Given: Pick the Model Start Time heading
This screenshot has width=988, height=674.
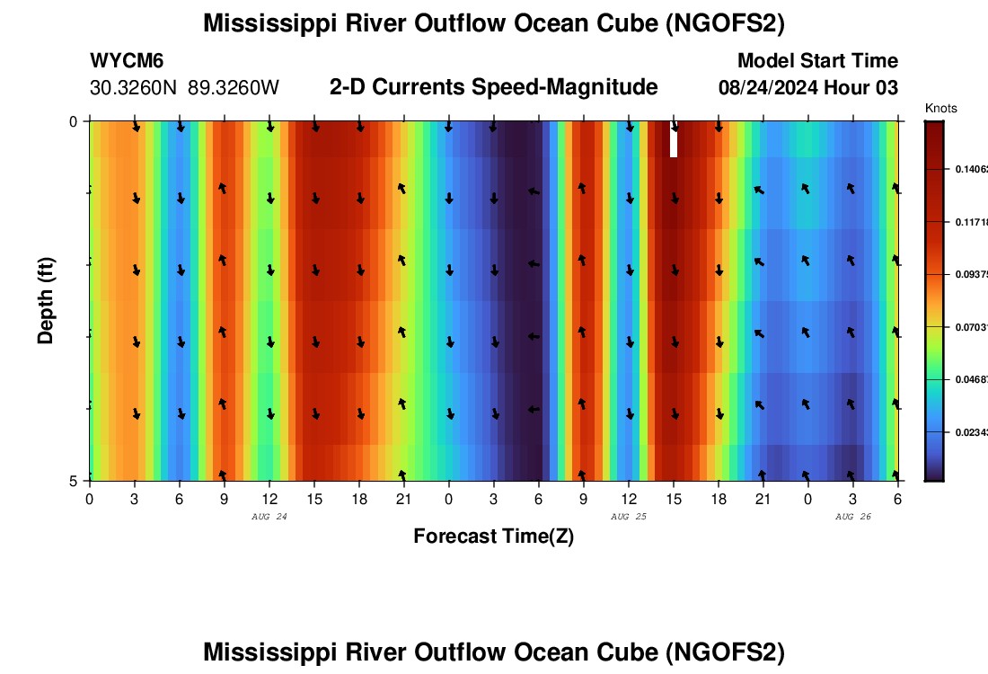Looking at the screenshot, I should point(817,61).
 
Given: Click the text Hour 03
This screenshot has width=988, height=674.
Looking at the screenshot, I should point(867,88).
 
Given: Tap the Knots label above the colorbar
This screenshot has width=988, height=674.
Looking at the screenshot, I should point(940,109).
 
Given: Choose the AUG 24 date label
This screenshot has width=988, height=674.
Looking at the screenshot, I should point(269,517).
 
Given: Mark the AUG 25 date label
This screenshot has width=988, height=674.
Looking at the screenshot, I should point(629,517).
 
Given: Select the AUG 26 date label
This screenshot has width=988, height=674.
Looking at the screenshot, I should point(853,517).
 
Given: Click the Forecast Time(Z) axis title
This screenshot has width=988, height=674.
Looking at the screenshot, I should point(493,537).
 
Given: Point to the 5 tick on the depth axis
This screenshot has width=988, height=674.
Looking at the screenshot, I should point(74,481).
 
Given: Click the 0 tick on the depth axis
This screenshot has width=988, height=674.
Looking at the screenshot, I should point(74,121).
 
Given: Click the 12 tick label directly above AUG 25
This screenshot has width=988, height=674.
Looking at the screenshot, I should point(628,499).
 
